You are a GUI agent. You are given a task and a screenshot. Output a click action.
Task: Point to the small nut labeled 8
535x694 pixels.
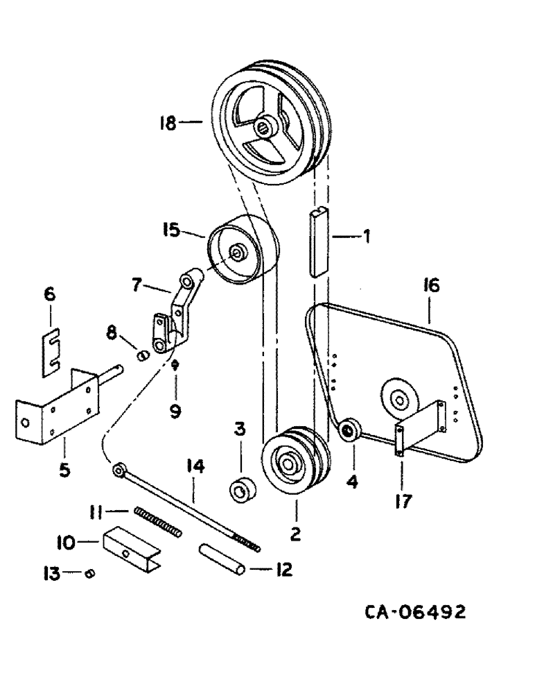(143, 355)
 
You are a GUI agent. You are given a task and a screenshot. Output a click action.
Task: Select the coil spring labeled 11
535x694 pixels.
(158, 521)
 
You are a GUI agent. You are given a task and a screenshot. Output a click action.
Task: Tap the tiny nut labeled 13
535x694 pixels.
(89, 573)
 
